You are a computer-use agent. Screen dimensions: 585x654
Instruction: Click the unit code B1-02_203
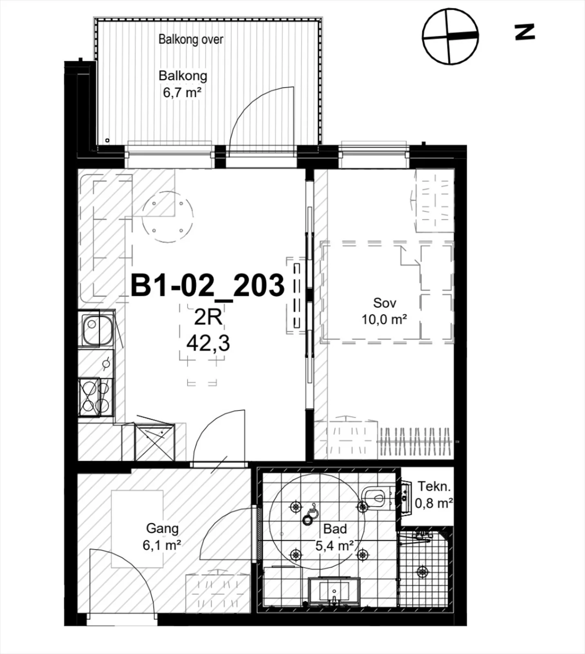[x=208, y=285]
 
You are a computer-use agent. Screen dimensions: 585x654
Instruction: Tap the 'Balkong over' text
[x=191, y=39]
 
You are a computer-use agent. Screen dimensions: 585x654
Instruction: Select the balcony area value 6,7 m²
[x=182, y=92]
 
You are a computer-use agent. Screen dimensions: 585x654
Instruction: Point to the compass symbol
[x=450, y=36]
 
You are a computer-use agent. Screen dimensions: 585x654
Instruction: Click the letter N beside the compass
[x=525, y=32]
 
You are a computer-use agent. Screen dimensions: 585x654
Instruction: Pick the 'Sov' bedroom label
[x=384, y=303]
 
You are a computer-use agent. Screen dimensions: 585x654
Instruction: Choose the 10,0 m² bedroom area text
[x=384, y=319]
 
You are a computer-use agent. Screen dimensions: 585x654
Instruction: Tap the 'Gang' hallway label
[x=162, y=529]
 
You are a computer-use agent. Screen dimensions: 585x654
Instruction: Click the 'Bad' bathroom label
[x=335, y=529]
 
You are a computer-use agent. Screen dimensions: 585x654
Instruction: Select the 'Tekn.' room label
[x=434, y=486]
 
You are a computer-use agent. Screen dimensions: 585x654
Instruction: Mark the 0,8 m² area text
[x=434, y=503]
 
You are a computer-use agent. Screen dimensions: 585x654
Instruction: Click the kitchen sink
[x=97, y=329]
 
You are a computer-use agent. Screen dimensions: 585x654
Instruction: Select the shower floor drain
[x=422, y=572]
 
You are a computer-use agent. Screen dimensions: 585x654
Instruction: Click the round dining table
[x=167, y=217]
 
